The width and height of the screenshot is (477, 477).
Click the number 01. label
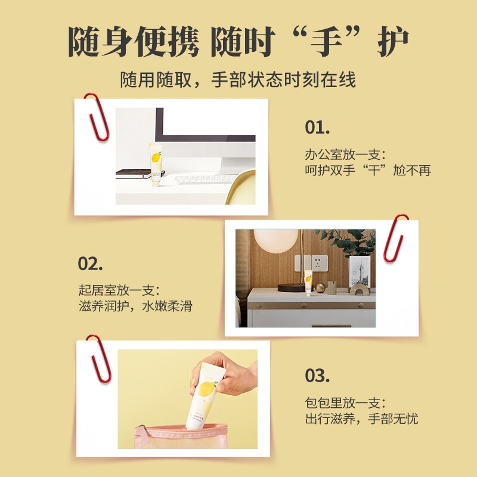[x=317, y=127]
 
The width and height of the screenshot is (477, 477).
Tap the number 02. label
[x=90, y=264]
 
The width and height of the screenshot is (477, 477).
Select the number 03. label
[x=317, y=376]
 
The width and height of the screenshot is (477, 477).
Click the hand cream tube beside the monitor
[x=156, y=165]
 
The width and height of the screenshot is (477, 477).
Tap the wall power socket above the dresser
[x=320, y=263]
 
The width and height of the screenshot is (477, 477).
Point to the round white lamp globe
[x=276, y=240]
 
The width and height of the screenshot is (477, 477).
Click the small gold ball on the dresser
[x=320, y=288]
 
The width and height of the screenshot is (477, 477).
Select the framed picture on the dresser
[x=360, y=271]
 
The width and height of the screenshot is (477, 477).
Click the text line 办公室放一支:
[x=345, y=154]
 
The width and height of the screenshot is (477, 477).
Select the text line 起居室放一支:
[x=119, y=290]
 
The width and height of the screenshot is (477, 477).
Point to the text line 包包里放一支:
[x=345, y=403]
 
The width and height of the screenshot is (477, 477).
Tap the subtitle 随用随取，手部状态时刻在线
[x=238, y=80]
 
